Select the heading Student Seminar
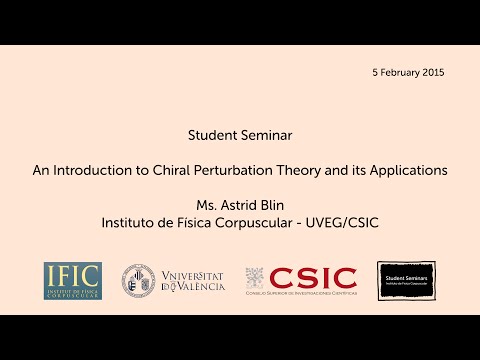pos(240,133)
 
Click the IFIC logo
pos(72,281)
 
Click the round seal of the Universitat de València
pos(138,281)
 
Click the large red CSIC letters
pos(313,277)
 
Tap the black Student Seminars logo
pos(406,281)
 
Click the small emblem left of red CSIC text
pos(255,277)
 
